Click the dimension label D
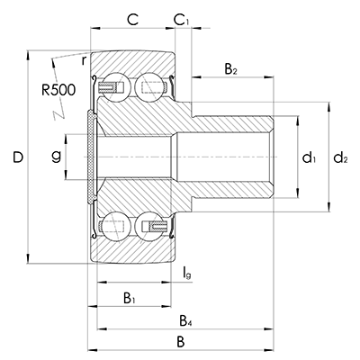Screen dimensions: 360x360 18,157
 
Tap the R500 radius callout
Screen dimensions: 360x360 58,90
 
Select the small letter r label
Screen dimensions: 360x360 84,60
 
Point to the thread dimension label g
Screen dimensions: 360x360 56,157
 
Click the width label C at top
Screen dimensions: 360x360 132,20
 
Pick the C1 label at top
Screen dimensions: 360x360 182,20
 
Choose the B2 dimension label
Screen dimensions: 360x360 231,69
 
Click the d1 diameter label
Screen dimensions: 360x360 309,157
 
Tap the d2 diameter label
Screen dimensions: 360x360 340,157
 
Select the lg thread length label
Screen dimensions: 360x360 187,274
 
